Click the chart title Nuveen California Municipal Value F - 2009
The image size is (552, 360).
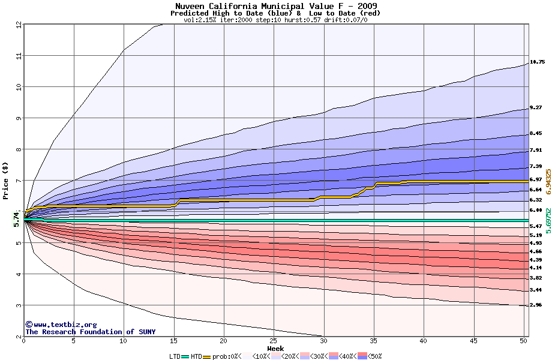(x=275, y=6)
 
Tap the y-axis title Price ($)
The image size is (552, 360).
(x=5, y=181)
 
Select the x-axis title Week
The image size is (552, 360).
(x=275, y=349)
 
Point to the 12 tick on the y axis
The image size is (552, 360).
(x=19, y=25)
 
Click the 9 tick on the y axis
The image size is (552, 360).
(x=19, y=118)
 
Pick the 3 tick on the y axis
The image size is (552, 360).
(x=19, y=305)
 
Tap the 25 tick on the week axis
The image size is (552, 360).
(x=274, y=341)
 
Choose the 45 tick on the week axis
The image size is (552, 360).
(x=473, y=341)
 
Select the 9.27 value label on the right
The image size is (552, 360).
(x=536, y=108)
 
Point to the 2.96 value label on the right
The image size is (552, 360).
(x=536, y=305)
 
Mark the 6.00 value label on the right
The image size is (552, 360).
(x=536, y=211)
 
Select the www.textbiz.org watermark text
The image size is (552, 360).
(x=61, y=324)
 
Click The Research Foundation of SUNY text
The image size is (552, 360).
(x=88, y=332)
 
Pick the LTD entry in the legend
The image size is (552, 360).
(x=176, y=356)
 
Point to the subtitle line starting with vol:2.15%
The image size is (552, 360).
(x=275, y=20)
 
